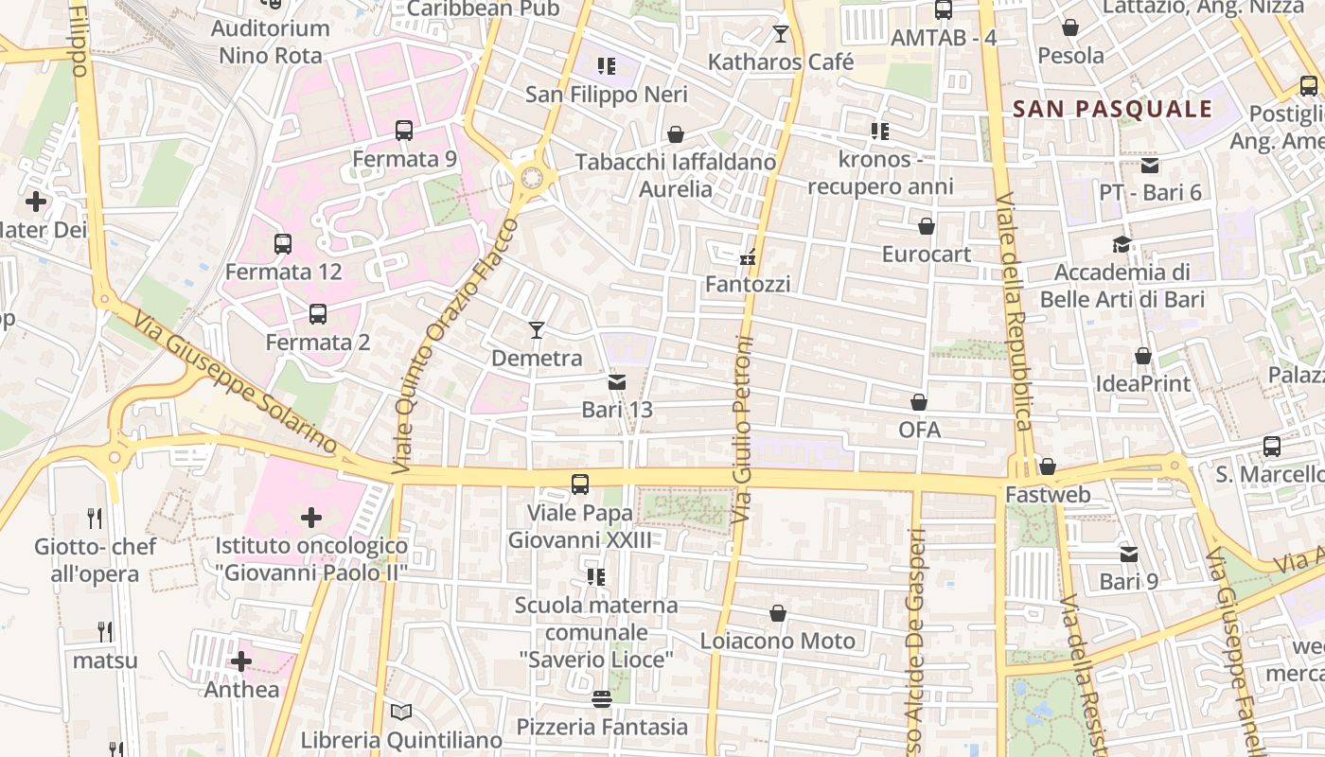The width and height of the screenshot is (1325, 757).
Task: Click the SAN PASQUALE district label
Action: click(1112, 109)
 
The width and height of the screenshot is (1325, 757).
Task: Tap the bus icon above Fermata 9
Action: click(404, 131)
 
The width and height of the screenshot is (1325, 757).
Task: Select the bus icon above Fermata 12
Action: click(283, 243)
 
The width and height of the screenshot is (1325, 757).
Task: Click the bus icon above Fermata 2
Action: click(318, 313)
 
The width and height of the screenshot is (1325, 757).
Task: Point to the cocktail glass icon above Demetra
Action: click(537, 329)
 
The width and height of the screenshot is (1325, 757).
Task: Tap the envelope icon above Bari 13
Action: click(616, 381)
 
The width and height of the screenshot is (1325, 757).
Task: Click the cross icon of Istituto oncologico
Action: click(311, 517)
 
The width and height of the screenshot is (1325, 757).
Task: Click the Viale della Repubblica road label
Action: click(1013, 312)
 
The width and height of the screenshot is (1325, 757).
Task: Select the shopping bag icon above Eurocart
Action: click(927, 226)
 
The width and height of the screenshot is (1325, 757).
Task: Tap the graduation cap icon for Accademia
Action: click(1122, 244)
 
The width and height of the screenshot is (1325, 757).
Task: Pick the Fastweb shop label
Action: click(1048, 495)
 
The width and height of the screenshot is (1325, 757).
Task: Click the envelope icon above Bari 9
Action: click(1128, 554)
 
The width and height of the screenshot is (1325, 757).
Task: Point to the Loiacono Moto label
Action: click(778, 641)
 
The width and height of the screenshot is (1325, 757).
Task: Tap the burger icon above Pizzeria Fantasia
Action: click(602, 698)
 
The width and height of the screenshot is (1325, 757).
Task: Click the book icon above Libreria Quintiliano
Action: click(401, 712)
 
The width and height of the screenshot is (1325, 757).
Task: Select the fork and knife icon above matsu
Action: click(105, 631)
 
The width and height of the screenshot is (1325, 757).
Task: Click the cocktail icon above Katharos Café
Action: click(781, 34)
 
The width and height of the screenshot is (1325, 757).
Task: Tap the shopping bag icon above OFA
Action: click(919, 402)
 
